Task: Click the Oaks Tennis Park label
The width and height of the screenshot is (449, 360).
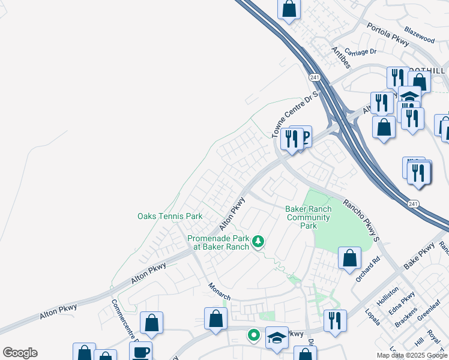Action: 170,216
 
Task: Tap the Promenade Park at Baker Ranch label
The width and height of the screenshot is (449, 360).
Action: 218,242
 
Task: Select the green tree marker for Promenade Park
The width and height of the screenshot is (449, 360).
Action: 258,242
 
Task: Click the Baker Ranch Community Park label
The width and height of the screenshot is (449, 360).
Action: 308,217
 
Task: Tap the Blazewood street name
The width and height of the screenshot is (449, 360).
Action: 419,38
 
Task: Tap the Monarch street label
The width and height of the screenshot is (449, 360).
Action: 220,292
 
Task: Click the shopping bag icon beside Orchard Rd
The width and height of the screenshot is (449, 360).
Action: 349,259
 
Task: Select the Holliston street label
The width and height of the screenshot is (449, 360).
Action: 387,296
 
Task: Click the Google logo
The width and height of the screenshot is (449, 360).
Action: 20,353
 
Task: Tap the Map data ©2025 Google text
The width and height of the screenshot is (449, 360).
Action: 412,355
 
